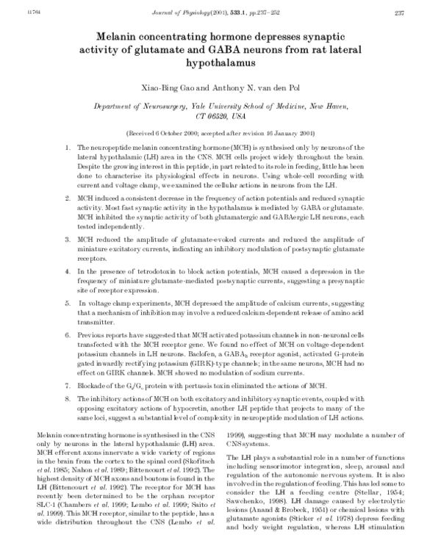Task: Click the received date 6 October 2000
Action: pos(183,134)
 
